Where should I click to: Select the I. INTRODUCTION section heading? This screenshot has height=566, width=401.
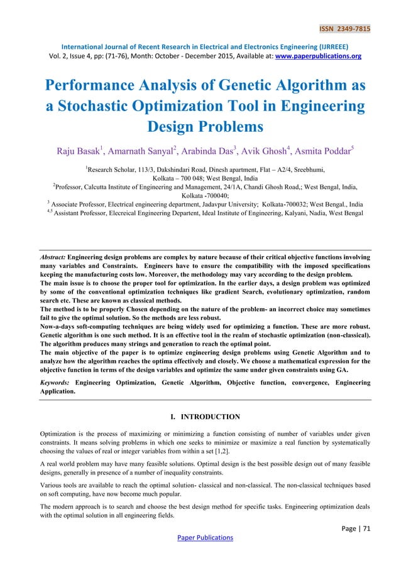[200, 416]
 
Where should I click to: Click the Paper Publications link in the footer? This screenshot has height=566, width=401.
[200, 537]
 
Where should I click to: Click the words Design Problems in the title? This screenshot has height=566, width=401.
[200, 127]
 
